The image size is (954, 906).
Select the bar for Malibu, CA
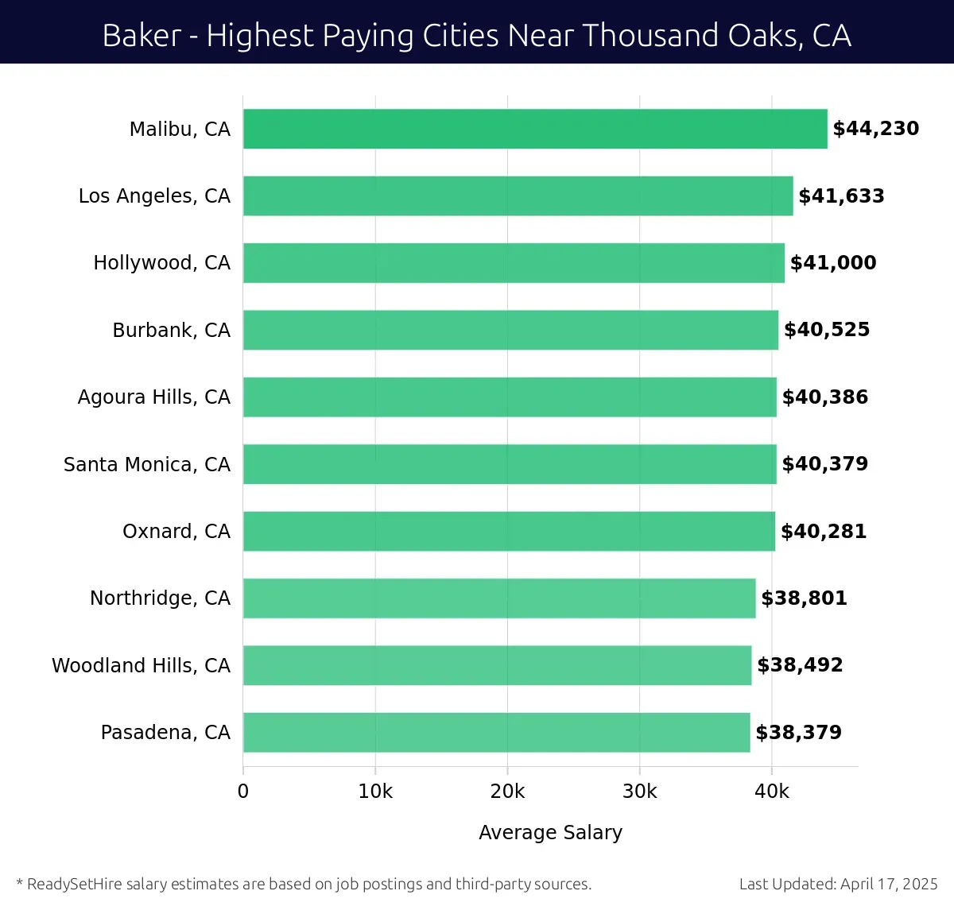(x=535, y=129)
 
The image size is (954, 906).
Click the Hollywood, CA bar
(x=514, y=263)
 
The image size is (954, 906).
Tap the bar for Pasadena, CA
(x=496, y=732)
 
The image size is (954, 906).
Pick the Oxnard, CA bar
(x=509, y=531)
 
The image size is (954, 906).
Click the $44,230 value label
(x=875, y=129)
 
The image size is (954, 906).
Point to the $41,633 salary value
(x=841, y=196)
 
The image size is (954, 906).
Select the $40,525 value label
(x=827, y=330)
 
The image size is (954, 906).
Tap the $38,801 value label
(x=804, y=598)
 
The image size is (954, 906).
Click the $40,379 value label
(x=824, y=464)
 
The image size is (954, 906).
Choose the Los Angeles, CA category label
(x=154, y=196)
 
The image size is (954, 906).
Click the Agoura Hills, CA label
(x=154, y=397)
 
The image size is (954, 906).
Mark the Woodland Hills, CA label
(x=141, y=665)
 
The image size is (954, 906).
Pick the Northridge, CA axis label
(x=160, y=598)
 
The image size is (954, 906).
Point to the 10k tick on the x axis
(x=375, y=792)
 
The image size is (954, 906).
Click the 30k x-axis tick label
(x=640, y=792)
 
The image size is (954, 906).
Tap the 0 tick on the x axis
(x=243, y=792)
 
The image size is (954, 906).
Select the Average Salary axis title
(x=550, y=832)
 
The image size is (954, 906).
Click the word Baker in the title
(x=142, y=36)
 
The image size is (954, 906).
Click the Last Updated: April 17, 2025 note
(x=838, y=884)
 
